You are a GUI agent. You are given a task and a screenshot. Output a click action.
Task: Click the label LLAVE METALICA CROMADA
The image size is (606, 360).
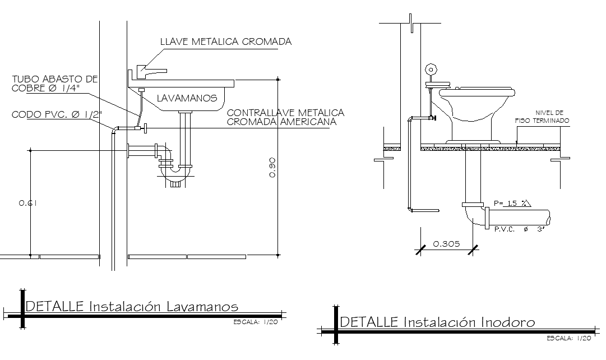[225, 41]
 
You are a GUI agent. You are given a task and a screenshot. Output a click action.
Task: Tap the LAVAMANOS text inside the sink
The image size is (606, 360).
[187, 98]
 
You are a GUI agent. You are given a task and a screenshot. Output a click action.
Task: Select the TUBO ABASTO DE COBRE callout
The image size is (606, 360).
[55, 84]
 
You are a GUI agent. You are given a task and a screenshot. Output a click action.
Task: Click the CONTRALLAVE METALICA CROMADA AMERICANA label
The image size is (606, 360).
[285, 117]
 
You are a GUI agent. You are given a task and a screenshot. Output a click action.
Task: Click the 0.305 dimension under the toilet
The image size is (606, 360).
[447, 244]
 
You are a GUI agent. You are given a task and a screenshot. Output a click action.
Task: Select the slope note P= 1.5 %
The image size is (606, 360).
[512, 204]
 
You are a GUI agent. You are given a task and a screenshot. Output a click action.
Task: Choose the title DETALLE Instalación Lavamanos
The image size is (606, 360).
[132, 306]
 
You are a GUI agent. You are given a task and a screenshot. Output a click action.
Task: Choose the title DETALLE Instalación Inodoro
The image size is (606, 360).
[438, 322]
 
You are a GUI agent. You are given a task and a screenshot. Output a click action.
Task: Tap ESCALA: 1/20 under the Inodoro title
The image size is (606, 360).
[569, 338]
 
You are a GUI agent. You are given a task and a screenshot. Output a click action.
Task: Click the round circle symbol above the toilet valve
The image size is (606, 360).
[431, 70]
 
